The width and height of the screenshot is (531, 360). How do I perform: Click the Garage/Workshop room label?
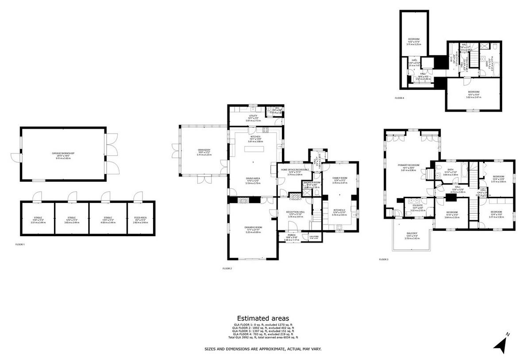(63, 153)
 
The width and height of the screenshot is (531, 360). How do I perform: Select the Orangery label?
(204, 150)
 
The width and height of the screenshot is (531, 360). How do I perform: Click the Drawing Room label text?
(253, 227)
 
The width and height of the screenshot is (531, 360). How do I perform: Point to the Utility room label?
(253, 115)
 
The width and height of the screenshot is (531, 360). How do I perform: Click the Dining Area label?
(253, 178)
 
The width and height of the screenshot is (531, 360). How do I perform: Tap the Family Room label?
(340, 178)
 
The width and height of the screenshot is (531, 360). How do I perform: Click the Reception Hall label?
(294, 212)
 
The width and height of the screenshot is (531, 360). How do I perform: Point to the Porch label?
(291, 235)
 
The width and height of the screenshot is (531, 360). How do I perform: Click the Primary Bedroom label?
(408, 165)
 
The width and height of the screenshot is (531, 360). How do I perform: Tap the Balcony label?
(412, 234)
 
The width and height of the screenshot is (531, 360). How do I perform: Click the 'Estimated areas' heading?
(263, 318)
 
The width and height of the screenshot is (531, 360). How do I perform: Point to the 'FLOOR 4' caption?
(400, 98)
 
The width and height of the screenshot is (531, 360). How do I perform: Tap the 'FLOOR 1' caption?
(20, 244)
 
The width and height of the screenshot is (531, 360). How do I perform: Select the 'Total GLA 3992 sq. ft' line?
(263, 337)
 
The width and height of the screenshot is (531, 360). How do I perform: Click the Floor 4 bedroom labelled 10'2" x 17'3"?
(414, 39)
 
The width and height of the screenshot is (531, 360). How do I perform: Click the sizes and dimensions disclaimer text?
(263, 349)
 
